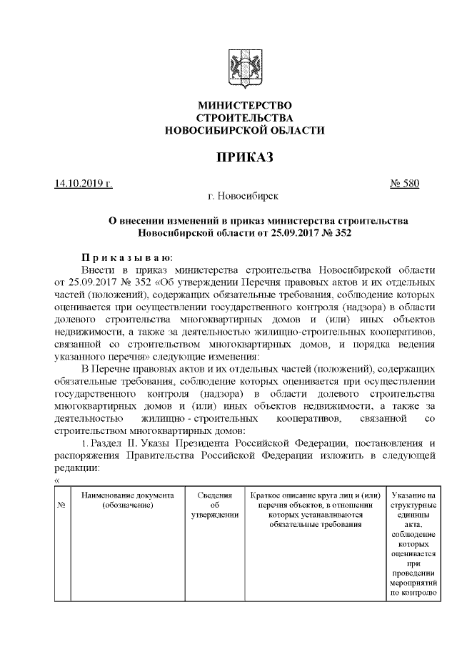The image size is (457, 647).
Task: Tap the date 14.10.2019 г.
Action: [83, 183]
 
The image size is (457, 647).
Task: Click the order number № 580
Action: [404, 183]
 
